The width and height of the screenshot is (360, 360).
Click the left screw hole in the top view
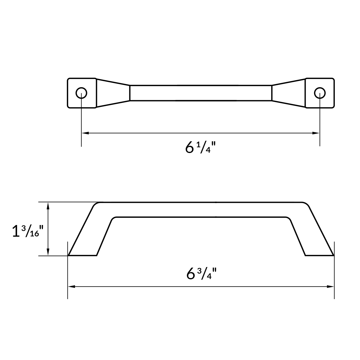[81, 93]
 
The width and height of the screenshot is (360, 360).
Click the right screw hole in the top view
[320, 93]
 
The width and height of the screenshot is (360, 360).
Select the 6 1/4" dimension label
[201, 147]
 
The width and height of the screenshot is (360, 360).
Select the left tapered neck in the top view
[113, 93]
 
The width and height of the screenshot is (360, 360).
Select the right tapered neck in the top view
[289, 93]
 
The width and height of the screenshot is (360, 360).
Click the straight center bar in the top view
[201, 93]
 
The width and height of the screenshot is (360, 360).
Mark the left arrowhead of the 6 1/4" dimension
[84, 133]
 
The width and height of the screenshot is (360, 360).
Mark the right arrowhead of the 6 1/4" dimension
[316, 133]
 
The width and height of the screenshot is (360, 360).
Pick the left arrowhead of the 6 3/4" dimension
[71, 287]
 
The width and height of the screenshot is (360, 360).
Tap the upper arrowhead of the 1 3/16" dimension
[48, 205]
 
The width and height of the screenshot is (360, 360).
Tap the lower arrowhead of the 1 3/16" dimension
[48, 253]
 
